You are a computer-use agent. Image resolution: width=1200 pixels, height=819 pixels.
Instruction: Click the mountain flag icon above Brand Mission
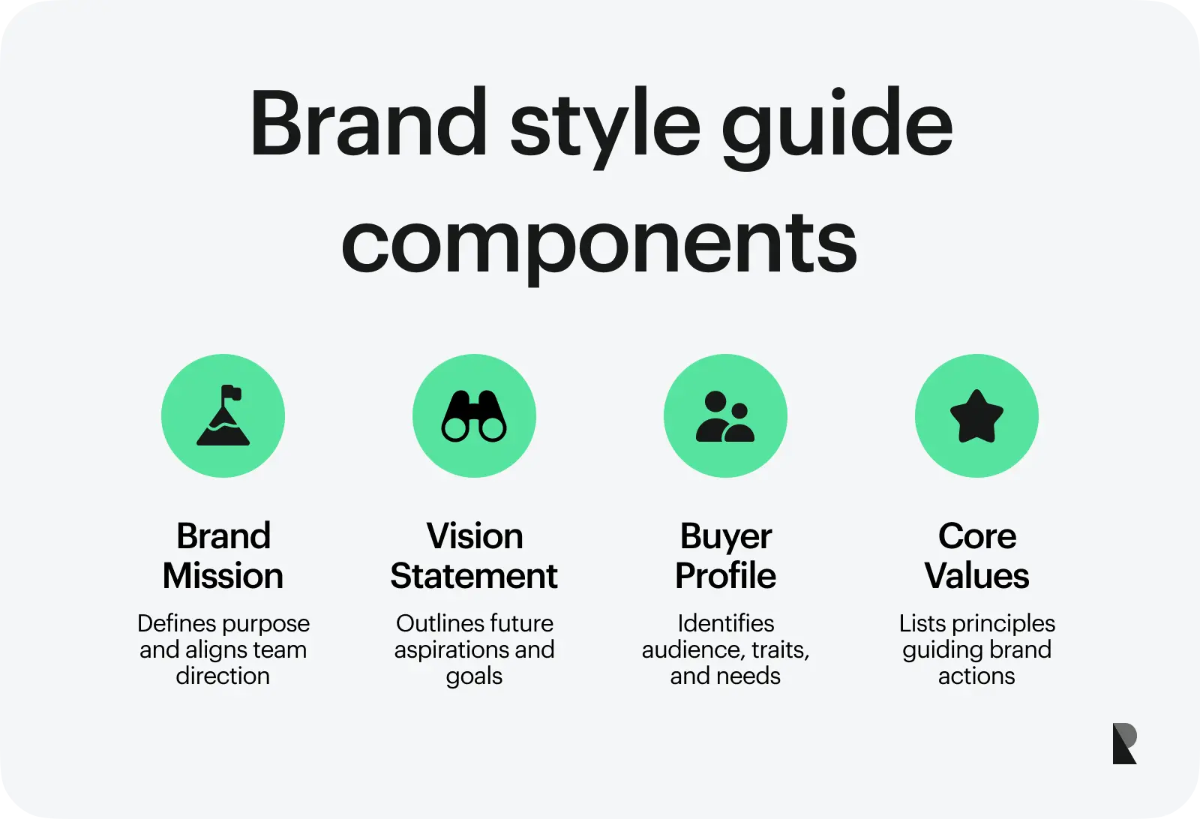pos(223,416)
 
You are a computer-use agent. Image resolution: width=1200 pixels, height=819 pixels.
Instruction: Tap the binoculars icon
pos(474,416)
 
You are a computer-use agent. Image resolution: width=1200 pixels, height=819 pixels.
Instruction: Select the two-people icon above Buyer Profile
pos(725,416)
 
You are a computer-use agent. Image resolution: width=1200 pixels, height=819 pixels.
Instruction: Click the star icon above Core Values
pos(976,416)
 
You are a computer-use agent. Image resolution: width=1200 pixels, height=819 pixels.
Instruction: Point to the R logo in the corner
pos(1124,743)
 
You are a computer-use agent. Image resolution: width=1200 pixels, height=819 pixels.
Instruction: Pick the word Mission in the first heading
pos(223,576)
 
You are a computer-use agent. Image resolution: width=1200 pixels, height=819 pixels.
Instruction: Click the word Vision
pos(475,536)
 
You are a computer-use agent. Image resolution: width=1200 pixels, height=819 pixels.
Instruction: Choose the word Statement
pos(474,576)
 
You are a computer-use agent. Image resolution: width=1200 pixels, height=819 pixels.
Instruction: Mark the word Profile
pos(725,576)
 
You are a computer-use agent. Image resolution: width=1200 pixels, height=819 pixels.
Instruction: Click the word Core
pos(977,536)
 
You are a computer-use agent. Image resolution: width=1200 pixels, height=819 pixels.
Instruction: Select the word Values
pos(976,576)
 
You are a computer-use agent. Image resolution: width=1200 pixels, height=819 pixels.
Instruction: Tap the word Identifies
pos(725,623)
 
